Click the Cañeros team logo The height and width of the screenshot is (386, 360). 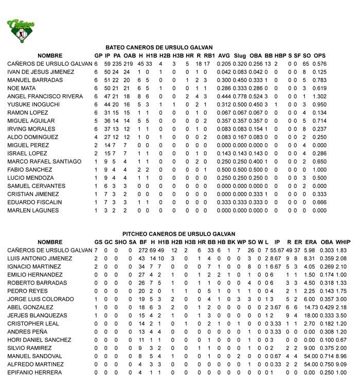(x=21, y=30)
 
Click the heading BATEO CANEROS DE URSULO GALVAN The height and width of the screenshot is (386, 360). (x=159, y=47)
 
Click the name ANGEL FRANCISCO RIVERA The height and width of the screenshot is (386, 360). (x=45, y=96)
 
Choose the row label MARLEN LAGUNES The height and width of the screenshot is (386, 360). (x=29, y=210)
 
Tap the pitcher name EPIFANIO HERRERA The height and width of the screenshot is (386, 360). (x=35, y=372)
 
